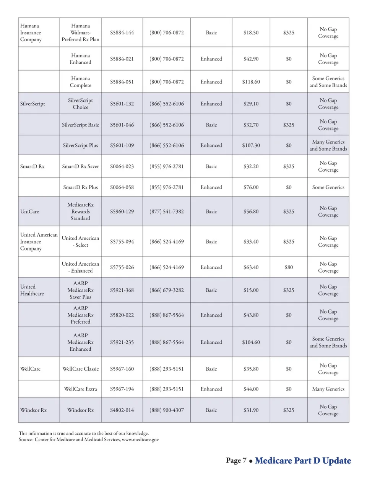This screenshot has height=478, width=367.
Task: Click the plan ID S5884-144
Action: click(122, 33)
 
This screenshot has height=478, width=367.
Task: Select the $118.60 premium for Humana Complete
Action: click(251, 82)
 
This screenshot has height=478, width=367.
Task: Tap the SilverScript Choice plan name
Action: click(80, 104)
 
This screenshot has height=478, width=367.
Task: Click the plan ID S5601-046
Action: click(122, 125)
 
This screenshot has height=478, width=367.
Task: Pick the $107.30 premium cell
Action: click(251, 145)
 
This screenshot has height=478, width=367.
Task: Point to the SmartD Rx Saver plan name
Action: click(80, 166)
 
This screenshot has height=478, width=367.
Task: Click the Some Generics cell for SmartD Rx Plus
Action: click(328, 187)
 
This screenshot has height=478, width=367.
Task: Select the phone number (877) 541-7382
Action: click(167, 211)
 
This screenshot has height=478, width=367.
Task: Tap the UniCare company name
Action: click(30, 211)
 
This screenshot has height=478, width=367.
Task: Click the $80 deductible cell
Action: click(289, 267)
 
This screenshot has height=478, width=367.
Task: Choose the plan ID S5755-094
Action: click(122, 242)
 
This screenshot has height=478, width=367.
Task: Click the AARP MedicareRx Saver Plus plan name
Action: click(80, 290)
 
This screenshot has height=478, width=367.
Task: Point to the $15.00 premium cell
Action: click(251, 290)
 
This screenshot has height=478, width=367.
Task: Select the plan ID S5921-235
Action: click(122, 342)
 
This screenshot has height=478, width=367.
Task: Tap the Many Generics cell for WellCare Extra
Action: click(328, 389)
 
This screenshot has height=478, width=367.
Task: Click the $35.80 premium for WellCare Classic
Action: click(251, 369)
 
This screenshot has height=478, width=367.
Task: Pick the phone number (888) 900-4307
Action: click(167, 410)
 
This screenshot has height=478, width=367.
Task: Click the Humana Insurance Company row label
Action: click(31, 33)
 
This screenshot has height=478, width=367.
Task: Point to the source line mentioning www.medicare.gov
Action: click(89, 440)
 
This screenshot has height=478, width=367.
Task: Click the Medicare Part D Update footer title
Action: click(303, 461)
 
